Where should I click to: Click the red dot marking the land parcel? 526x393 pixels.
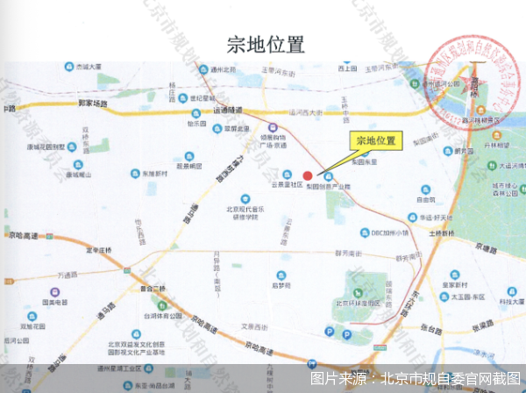click(x=308, y=175)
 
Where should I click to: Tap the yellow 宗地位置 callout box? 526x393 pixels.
click(x=375, y=140)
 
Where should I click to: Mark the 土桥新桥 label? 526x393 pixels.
click(x=444, y=234)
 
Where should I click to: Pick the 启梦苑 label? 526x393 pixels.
click(x=281, y=285)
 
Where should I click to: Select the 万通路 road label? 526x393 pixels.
click(x=68, y=275)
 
